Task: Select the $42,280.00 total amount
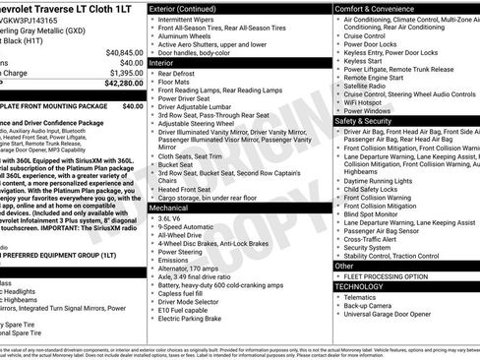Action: click(124, 83)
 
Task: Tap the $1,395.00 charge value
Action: click(126, 72)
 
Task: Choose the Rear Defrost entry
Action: click(177, 73)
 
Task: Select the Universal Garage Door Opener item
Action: click(391, 316)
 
